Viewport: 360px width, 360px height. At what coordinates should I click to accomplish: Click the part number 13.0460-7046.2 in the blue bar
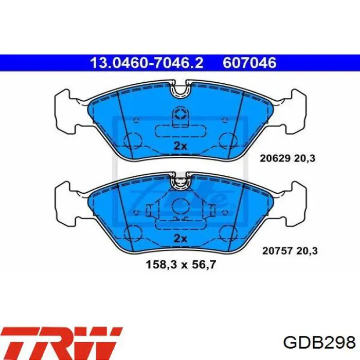[147, 63]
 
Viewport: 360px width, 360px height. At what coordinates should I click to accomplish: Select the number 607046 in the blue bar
[249, 63]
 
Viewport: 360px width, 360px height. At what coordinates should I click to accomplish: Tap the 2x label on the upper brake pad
[180, 146]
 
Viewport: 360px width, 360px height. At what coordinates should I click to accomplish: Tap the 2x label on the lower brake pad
[180, 239]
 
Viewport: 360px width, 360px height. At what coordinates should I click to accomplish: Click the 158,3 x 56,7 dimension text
[181, 265]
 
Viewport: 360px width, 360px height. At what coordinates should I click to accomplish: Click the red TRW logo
[62, 344]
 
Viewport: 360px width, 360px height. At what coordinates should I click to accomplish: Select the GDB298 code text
[319, 343]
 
